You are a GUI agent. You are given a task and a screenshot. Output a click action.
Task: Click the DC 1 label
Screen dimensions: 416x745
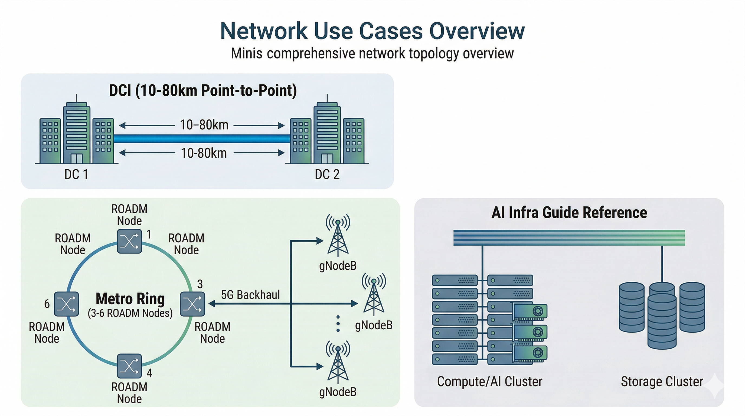(76, 174)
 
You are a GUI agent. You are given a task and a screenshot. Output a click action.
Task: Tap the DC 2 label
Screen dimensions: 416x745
(327, 174)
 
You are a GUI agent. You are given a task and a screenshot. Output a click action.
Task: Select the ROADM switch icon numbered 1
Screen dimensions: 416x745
(129, 241)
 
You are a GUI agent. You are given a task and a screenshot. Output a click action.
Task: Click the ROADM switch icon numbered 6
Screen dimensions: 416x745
(67, 304)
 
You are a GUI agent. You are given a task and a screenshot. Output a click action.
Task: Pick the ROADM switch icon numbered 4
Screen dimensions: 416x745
(129, 366)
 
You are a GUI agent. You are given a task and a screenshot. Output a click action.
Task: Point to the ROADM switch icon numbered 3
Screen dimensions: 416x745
(192, 304)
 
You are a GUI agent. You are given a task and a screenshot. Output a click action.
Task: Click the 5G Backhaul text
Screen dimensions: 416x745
(250, 295)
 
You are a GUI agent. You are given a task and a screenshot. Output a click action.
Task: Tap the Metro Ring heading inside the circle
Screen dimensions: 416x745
(130, 299)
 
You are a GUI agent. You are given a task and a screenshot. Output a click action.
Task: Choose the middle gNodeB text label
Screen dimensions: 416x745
(374, 325)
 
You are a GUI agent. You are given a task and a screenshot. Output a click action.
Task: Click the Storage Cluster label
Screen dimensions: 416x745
(662, 381)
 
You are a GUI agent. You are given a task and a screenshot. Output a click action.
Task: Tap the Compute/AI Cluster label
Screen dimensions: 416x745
(490, 381)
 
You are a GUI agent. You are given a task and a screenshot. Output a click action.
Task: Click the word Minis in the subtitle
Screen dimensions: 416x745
(246, 54)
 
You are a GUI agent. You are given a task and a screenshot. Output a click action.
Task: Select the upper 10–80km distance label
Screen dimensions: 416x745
(204, 125)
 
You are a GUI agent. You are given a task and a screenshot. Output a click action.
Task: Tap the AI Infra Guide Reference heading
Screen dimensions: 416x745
(569, 213)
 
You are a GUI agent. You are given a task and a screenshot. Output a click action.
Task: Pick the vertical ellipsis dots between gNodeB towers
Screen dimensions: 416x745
(338, 324)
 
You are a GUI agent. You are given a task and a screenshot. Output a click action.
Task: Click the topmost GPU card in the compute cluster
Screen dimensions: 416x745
(530, 311)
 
